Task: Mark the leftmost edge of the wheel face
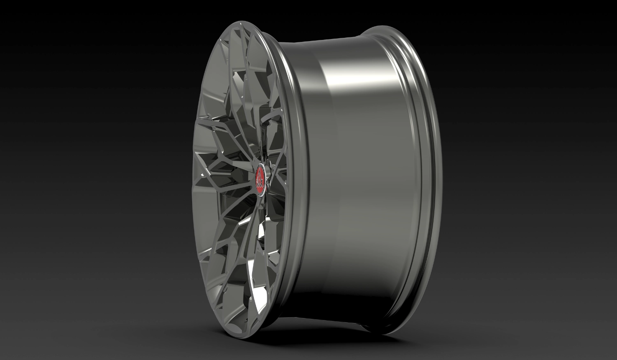pyautogui.click(x=193, y=181)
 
